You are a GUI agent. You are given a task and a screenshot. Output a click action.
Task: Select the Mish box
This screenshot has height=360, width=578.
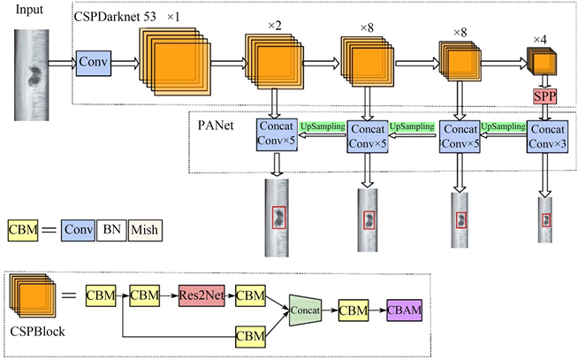[x=145, y=231]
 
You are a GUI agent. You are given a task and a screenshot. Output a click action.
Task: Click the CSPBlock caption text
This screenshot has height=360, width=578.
[x=35, y=337]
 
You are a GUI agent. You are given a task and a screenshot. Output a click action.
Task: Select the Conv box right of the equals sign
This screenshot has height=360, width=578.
[x=78, y=231]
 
